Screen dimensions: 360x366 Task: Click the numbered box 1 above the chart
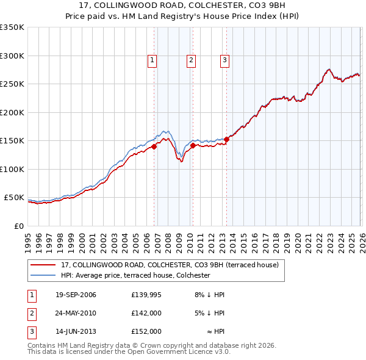pyautogui.click(x=151, y=60)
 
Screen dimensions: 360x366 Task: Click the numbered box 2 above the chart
pyautogui.click(x=191, y=60)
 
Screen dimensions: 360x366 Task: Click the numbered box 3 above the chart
pyautogui.click(x=224, y=60)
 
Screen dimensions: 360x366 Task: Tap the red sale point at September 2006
pyautogui.click(x=154, y=146)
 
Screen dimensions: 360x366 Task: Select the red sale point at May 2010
pyautogui.click(x=193, y=145)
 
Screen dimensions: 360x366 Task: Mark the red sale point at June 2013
pyautogui.click(x=226, y=140)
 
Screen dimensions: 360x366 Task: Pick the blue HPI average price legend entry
pyautogui.click(x=135, y=275)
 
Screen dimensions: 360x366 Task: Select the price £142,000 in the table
pyautogui.click(x=146, y=313)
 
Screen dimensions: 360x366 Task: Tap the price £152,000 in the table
pyautogui.click(x=146, y=331)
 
